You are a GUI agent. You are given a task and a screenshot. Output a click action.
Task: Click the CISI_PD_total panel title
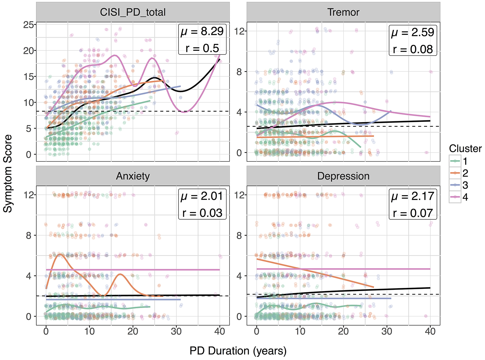(133, 12)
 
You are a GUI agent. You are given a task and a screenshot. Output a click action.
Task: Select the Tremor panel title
(343, 12)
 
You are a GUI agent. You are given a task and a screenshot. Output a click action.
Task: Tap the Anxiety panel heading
(133, 176)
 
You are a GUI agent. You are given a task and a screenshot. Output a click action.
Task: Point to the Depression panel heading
(343, 176)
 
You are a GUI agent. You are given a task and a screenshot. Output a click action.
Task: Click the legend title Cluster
(465, 149)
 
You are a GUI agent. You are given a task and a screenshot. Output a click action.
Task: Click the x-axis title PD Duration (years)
(238, 351)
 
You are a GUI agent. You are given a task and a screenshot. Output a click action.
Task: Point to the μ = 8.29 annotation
(202, 32)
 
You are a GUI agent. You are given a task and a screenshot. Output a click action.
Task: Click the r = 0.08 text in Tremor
(413, 49)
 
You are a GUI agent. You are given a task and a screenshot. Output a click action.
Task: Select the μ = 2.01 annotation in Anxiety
(202, 196)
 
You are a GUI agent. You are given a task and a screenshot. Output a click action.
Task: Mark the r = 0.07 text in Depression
(413, 213)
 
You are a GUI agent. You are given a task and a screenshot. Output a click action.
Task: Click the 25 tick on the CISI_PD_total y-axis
(29, 24)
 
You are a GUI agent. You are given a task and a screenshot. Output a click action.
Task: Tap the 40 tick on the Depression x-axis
(430, 331)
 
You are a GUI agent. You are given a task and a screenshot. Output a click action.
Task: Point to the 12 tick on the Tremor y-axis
(239, 31)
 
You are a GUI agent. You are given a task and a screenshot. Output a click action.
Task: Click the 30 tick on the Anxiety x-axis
(176, 331)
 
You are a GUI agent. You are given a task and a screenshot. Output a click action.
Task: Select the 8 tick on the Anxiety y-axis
(29, 235)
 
